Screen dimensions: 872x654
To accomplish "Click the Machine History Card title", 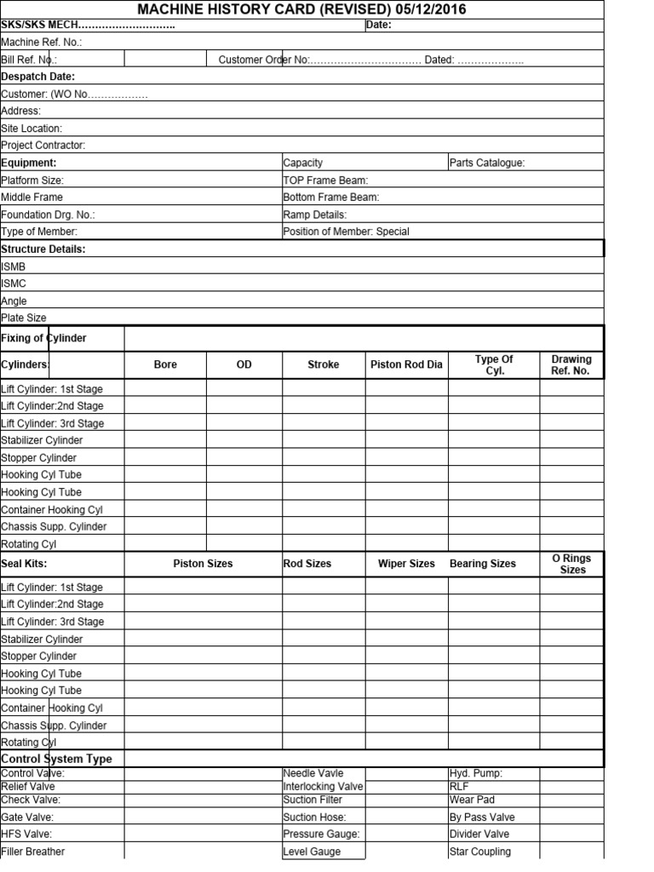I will point(301,9).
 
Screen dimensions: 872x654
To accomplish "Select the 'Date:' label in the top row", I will point(378,25).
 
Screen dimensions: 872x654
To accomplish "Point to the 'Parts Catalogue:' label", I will point(487,163).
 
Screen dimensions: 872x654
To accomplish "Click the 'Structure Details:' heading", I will point(43,249).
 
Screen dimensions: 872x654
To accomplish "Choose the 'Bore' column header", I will point(165,364).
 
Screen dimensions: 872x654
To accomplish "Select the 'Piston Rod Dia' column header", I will point(407,364).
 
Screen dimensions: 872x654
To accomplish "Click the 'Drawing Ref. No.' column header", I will point(571,364).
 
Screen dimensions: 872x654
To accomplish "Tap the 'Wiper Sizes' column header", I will point(406,564).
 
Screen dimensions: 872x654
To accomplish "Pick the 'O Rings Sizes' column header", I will point(571,564).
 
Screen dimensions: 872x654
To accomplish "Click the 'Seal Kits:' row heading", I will point(24,564).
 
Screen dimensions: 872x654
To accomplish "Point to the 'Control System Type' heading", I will point(57,759).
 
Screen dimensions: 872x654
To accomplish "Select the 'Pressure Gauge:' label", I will point(322,834).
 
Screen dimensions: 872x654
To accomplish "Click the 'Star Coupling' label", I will point(480,852).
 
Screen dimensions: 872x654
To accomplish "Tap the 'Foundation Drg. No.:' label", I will point(49,215).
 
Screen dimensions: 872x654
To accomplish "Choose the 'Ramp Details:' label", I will point(315,215).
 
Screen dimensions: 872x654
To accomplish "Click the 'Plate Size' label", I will point(24,318).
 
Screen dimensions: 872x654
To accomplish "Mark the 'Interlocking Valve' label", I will point(323,786).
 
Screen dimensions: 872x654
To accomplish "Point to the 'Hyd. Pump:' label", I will point(476,773).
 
